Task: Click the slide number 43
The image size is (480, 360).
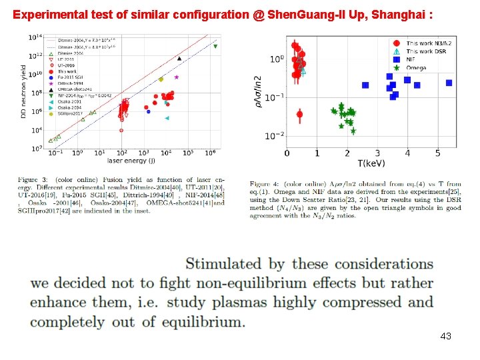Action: (x=446, y=336)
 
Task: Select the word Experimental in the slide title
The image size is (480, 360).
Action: (x=44, y=13)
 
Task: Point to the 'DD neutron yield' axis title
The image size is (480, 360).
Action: (x=23, y=93)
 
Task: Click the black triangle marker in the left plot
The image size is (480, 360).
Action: (x=179, y=58)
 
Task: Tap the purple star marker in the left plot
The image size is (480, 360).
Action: (x=177, y=77)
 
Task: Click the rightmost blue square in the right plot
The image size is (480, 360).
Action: (x=449, y=83)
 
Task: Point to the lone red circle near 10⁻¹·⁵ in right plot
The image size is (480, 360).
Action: (x=299, y=115)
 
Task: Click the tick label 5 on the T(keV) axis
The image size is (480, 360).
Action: (x=437, y=154)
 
